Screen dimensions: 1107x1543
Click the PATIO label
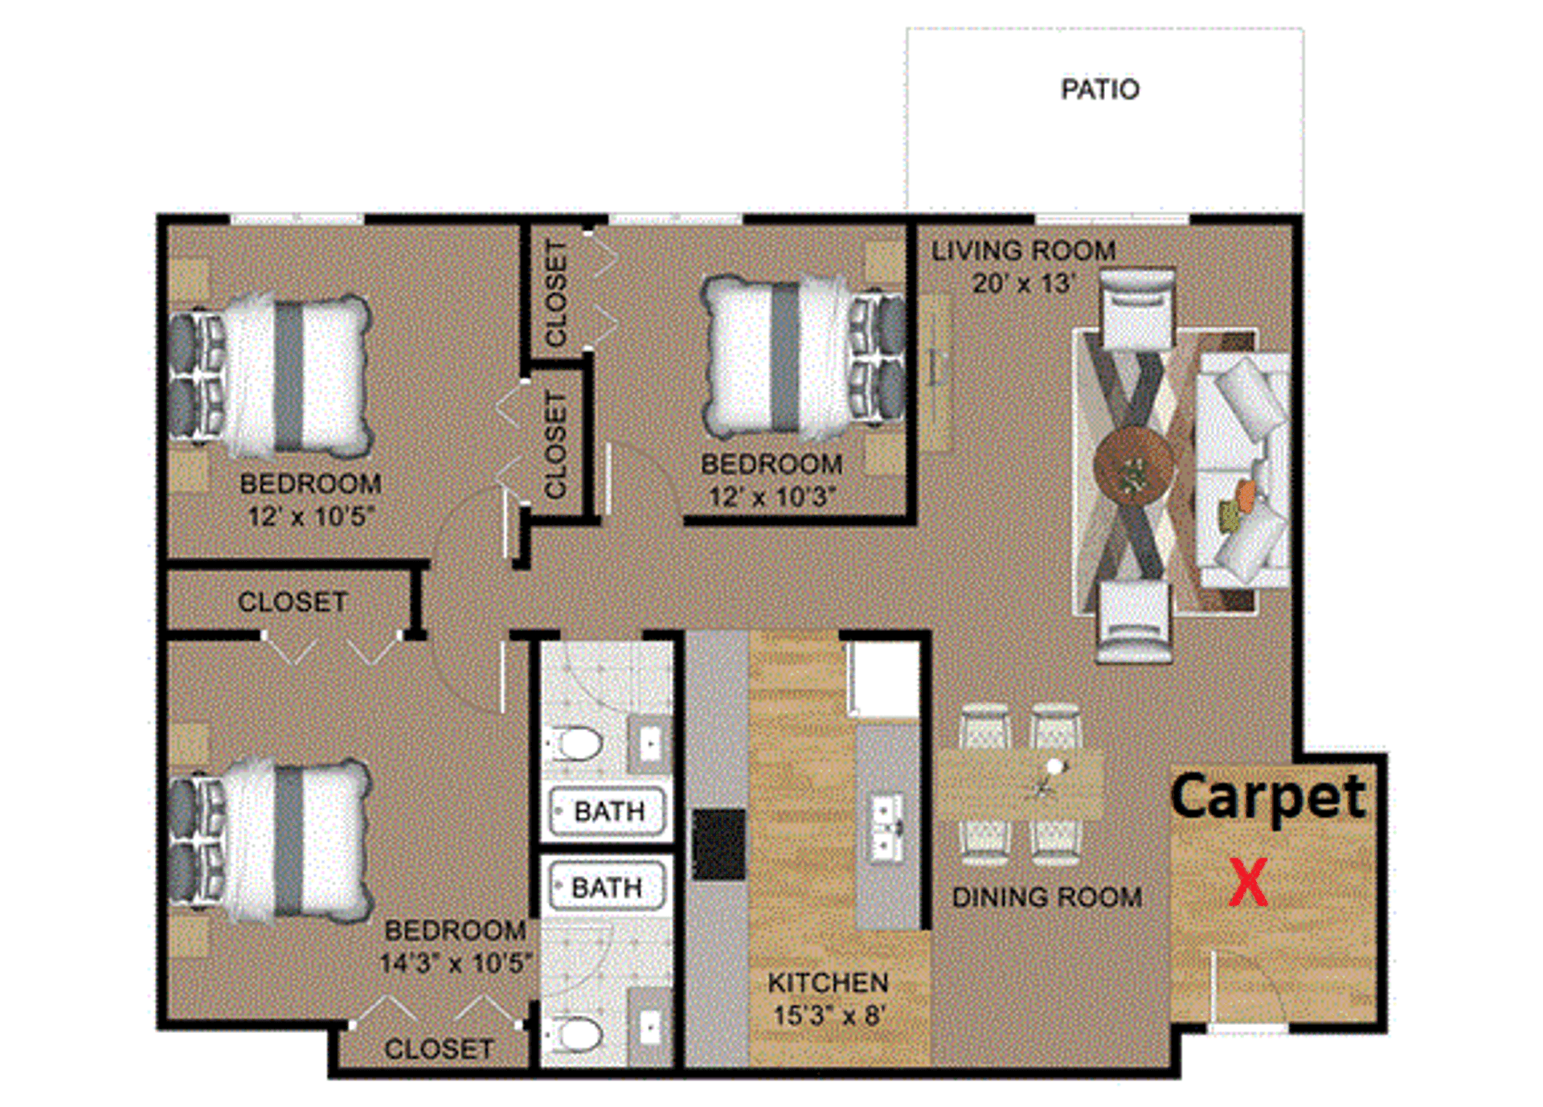click(x=1100, y=89)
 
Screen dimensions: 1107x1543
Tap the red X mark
click(x=1248, y=883)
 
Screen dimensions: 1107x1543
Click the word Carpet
click(x=1268, y=797)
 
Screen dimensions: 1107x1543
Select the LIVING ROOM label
click(x=1023, y=251)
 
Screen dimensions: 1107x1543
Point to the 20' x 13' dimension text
click(x=1023, y=284)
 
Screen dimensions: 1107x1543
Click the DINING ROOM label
click(x=1047, y=897)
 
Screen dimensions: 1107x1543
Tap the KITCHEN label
click(x=828, y=982)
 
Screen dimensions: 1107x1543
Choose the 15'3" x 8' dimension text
click(x=828, y=1015)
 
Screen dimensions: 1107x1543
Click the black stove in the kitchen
click(x=719, y=844)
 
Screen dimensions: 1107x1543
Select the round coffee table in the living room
click(x=1133, y=466)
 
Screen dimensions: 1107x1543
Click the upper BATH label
click(x=609, y=811)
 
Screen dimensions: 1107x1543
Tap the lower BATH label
click(x=607, y=888)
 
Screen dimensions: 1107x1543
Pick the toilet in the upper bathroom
click(x=579, y=744)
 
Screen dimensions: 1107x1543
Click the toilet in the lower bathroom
click(x=579, y=1035)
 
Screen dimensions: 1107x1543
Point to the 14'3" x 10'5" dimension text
click(x=456, y=963)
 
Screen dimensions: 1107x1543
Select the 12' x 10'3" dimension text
click(x=771, y=497)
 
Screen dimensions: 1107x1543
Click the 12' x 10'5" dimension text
click(x=311, y=516)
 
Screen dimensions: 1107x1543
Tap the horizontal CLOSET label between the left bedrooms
click(x=293, y=602)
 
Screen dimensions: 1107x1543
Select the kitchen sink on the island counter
click(x=888, y=825)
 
